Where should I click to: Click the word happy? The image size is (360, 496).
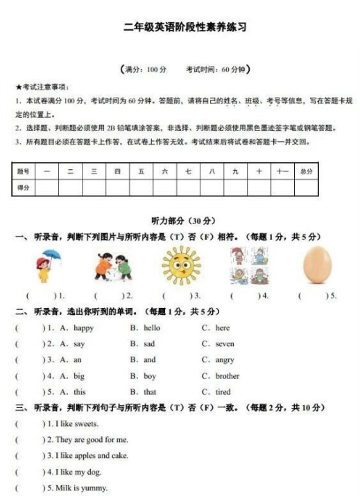coord(83,328)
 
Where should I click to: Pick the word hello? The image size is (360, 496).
coord(152,328)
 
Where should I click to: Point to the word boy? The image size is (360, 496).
coord(150,376)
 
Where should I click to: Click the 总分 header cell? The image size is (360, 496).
coord(306,171)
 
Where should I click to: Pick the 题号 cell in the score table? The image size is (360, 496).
coord(24,171)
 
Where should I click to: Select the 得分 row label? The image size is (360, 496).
coord(24,187)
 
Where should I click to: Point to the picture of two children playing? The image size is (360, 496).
coord(113,266)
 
